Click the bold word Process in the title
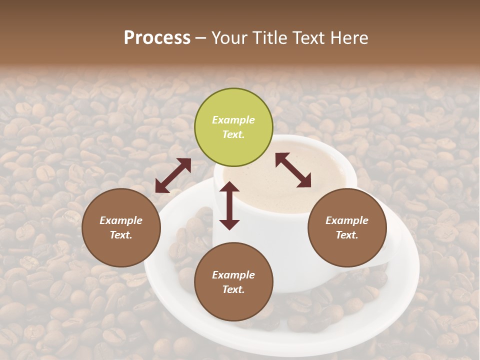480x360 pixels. (x=157, y=38)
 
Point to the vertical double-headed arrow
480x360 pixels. (x=229, y=205)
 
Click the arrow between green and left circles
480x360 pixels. (x=173, y=175)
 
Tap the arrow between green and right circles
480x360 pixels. (x=293, y=170)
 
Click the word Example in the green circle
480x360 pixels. (x=233, y=120)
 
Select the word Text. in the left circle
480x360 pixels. (x=121, y=235)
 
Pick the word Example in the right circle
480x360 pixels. (x=347, y=220)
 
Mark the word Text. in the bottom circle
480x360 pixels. (x=233, y=289)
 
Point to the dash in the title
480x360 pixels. (x=200, y=38)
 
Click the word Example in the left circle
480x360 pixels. (x=121, y=220)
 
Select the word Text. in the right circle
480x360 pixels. (x=347, y=235)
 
